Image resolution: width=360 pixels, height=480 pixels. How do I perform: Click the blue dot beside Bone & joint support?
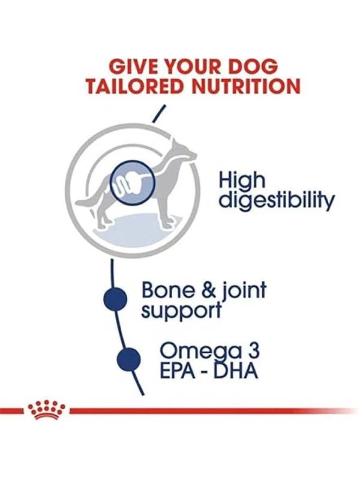coord(115,299)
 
